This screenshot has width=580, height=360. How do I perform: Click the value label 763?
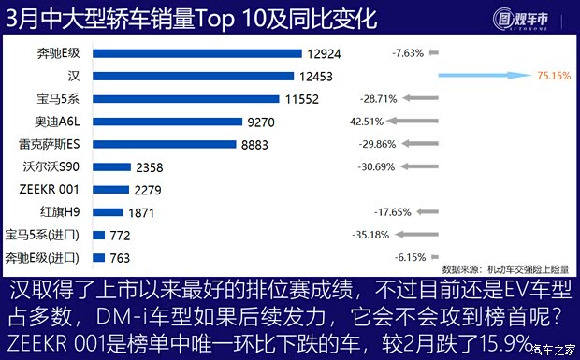point(120,258)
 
